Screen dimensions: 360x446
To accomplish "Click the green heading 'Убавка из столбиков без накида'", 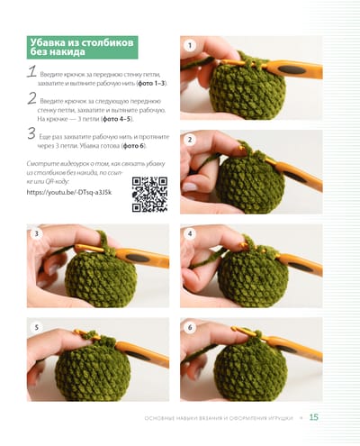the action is click(x=82, y=47).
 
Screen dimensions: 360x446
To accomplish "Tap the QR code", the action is click(x=149, y=195).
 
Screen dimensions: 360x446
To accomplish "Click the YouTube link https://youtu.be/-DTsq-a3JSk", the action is click(x=69, y=192).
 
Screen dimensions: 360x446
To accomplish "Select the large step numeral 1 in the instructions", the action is click(x=31, y=72).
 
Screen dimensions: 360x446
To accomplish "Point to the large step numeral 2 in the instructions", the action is click(x=31, y=98).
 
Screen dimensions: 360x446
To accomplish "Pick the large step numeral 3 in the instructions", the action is click(x=31, y=133).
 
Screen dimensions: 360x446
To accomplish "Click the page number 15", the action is click(x=314, y=417).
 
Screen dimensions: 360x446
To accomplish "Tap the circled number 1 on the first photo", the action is click(x=190, y=46).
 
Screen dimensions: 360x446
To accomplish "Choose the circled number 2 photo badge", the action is click(x=190, y=140).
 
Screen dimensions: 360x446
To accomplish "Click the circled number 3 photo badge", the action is click(x=37, y=233).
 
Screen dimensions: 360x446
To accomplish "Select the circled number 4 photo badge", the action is click(x=190, y=233).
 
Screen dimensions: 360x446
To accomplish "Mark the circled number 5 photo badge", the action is click(x=37, y=327).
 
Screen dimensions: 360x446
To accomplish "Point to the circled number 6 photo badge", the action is click(x=190, y=327).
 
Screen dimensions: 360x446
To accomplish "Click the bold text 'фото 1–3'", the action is click(x=151, y=83).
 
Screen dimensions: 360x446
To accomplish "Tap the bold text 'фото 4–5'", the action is click(x=117, y=119).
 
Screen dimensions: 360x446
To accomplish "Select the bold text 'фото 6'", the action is click(x=133, y=146).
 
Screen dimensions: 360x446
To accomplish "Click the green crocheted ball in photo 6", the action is click(x=251, y=372).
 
